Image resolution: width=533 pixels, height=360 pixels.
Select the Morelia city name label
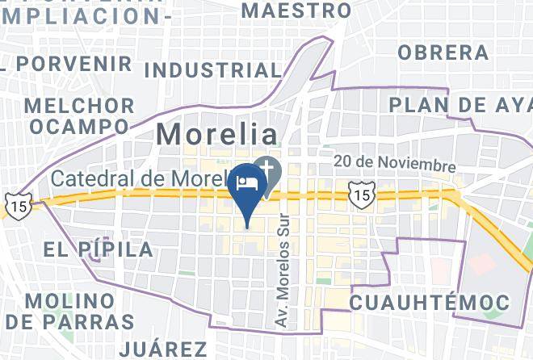pos(216,133)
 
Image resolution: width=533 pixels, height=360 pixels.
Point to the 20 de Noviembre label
pos(395,164)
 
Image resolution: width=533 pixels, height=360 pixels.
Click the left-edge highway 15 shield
pos(16,204)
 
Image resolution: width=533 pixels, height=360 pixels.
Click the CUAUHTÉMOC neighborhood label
pos(429,303)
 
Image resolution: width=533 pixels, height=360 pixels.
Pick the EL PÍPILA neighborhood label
pos(99,249)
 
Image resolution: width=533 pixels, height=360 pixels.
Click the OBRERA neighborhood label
pos(443,52)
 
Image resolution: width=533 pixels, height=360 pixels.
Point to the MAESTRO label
pos(296,10)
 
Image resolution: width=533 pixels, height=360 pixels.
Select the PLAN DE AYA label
pos(460,105)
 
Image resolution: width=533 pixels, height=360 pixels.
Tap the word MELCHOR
pos(80,106)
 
